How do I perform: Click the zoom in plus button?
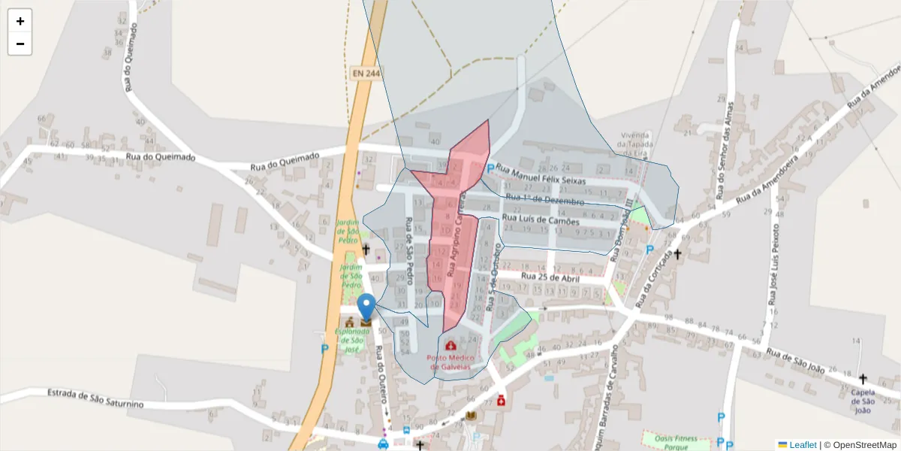[x=20, y=21]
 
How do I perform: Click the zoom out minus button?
[x=20, y=44]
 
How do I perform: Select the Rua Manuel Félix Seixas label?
[x=552, y=177]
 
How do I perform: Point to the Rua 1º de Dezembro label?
[x=545, y=200]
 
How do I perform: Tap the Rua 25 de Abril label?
[x=550, y=277]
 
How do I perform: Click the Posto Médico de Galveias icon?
[x=450, y=345]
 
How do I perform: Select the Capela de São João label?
[x=863, y=401]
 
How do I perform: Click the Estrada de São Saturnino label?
[x=95, y=398]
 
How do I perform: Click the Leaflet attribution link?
[x=802, y=445]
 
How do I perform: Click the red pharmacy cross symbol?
[x=501, y=401]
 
